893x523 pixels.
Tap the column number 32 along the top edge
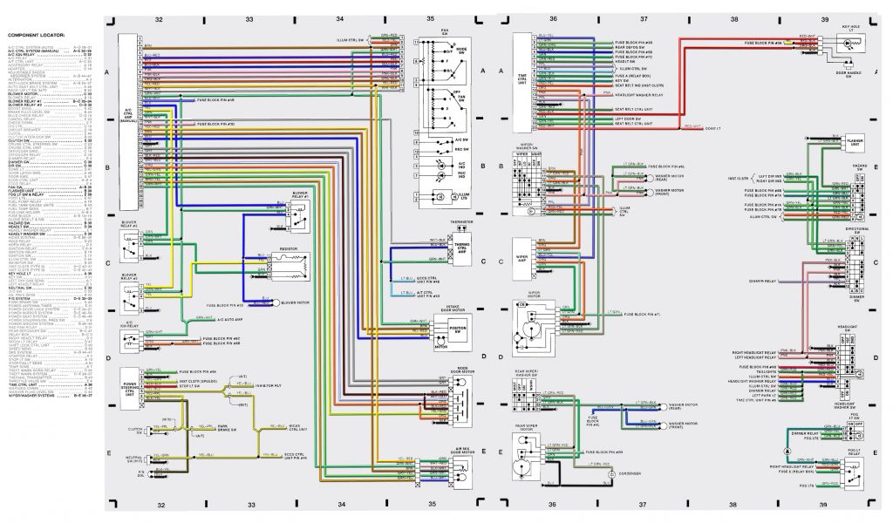pos(159,18)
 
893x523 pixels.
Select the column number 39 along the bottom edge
pos(823,505)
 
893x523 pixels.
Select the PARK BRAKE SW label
pos(228,428)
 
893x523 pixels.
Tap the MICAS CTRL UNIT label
pos(299,428)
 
